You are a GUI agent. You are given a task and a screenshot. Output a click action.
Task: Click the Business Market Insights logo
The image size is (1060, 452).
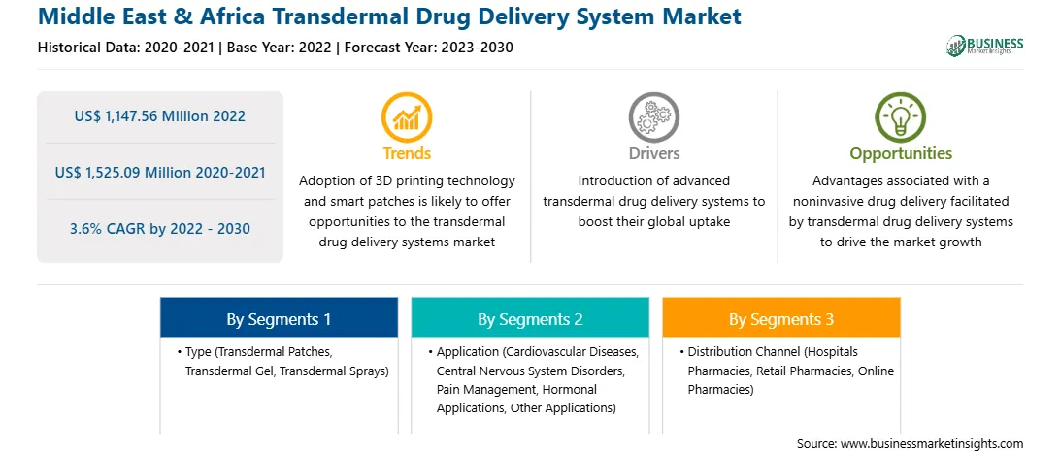[x=984, y=46]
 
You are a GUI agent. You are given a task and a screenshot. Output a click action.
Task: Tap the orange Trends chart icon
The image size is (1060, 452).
[x=407, y=117]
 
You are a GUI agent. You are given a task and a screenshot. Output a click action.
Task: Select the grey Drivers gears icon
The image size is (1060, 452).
[x=653, y=117]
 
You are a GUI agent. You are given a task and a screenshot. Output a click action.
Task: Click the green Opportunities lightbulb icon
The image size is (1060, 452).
[x=901, y=117]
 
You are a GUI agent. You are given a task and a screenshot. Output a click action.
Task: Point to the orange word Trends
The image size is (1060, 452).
[x=407, y=153]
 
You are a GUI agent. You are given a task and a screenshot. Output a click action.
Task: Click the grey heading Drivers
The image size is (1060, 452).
[x=653, y=153]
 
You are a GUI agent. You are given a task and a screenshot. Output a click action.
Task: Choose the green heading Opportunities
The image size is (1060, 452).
[x=901, y=154]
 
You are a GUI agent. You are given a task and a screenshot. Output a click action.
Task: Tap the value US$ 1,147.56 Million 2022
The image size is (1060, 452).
[x=160, y=116]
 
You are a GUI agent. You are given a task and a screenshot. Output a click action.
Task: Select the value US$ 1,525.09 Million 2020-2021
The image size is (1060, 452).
[x=160, y=173]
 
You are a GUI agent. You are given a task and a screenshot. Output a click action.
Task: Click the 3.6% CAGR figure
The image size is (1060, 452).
[x=160, y=229]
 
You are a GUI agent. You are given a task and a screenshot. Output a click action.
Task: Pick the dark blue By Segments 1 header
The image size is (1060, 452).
[x=280, y=317]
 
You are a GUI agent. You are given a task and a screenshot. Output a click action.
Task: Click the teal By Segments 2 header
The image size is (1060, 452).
[x=530, y=317]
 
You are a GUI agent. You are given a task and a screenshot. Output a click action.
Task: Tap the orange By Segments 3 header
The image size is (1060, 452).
[x=781, y=317]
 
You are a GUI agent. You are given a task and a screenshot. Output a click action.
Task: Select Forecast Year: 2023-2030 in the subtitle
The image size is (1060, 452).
[x=427, y=48]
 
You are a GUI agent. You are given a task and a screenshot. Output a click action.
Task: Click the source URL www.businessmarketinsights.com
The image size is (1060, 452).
[x=932, y=444]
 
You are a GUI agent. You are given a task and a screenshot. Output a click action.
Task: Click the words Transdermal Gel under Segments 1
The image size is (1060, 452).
[x=230, y=371]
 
